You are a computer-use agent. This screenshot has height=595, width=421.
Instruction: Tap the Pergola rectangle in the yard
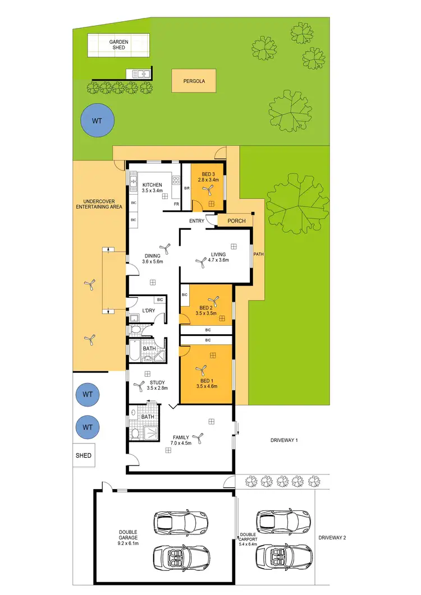click(x=194, y=81)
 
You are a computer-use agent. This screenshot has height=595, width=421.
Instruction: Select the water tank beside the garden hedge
click(x=97, y=120)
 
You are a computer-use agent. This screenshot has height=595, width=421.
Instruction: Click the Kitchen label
click(x=152, y=185)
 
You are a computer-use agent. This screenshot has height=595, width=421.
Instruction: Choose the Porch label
click(x=236, y=221)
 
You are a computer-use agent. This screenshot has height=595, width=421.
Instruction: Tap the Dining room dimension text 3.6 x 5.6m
click(x=152, y=261)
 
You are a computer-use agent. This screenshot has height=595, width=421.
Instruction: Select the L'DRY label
click(x=148, y=311)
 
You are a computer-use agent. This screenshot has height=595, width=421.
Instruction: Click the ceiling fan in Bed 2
click(x=212, y=300)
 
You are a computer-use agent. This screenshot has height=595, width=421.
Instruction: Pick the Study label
click(x=157, y=382)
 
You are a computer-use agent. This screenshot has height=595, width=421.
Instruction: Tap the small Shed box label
click(x=83, y=455)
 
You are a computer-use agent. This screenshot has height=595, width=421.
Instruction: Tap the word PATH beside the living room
click(x=258, y=254)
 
